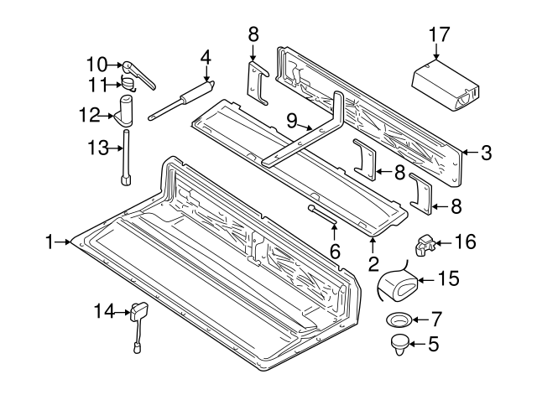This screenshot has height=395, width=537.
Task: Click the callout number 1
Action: (x=52, y=242)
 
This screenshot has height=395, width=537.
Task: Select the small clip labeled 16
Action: (x=423, y=244)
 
